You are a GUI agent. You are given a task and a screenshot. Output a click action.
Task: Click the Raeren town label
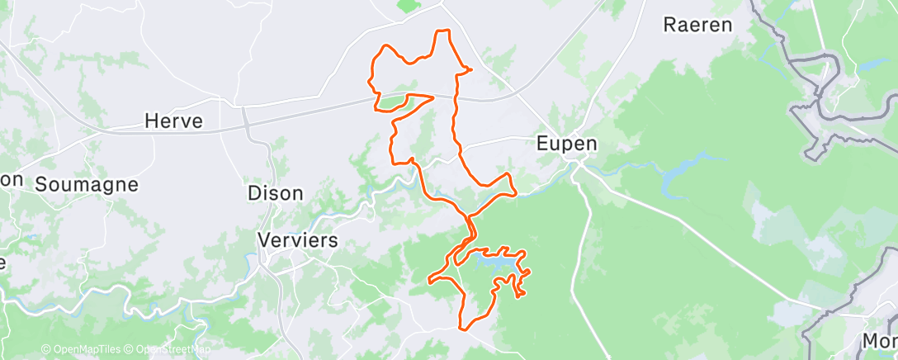(x=697, y=25)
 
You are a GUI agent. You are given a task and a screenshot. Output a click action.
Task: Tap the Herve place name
(x=173, y=121)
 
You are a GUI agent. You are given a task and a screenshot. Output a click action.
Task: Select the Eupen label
(x=566, y=143)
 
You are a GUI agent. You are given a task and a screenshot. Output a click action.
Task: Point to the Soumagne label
(x=86, y=184)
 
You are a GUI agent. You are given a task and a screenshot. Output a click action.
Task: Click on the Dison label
(x=275, y=193)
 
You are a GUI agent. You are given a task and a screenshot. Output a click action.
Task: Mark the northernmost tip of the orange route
(x=443, y=31)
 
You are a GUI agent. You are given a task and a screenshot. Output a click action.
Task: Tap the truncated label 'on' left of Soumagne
(x=11, y=180)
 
